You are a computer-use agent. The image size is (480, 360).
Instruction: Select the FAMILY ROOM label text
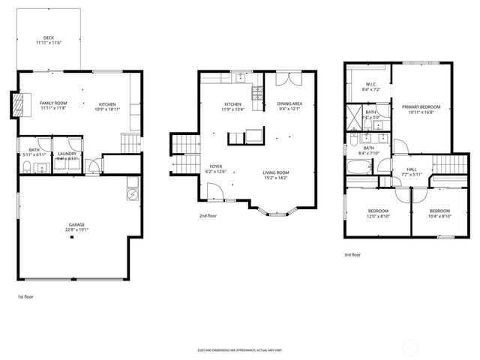tap(53, 103)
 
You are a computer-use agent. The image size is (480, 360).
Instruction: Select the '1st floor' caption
tap(25, 297)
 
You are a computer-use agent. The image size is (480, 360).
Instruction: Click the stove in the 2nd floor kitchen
tap(256, 94)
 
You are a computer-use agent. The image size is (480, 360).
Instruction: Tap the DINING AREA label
tap(289, 103)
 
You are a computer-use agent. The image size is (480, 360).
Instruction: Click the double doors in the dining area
tap(286, 79)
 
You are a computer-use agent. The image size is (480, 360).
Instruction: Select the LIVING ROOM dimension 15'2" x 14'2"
tap(276, 178)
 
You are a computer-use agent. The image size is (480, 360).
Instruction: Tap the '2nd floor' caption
tap(207, 216)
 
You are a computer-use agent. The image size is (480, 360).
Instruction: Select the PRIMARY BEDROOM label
tap(420, 107)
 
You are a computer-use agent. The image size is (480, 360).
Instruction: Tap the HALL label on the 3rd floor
tap(412, 169)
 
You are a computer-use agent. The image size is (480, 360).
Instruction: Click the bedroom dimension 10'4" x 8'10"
tap(439, 216)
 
